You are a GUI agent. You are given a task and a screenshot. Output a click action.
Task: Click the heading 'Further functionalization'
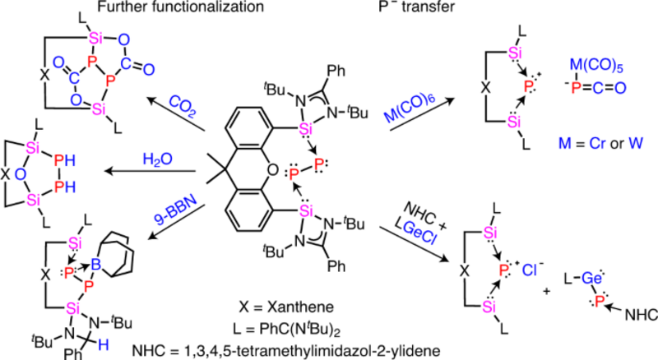click(x=181, y=7)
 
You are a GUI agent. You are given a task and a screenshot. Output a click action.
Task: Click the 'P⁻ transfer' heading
click(x=417, y=7)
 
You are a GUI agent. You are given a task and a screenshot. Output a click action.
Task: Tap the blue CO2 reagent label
click(x=183, y=106)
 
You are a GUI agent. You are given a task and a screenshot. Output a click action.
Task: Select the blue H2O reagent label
click(x=157, y=159)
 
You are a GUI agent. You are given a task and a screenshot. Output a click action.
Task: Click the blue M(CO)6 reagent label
click(x=410, y=108)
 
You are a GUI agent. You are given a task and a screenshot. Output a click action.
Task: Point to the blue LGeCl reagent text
click(x=415, y=236)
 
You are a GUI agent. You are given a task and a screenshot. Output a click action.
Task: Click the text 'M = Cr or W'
click(x=600, y=144)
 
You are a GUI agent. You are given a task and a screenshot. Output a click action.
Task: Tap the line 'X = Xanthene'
click(x=286, y=307)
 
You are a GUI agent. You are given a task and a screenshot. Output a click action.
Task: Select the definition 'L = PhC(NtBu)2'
click(x=286, y=329)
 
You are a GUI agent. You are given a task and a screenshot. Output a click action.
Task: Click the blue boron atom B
click(x=96, y=265)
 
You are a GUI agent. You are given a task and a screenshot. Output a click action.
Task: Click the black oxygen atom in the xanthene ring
click(x=272, y=170)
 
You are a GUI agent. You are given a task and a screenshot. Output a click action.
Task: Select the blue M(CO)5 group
click(x=596, y=67)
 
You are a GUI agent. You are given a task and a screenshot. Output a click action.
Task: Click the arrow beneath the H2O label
click(x=151, y=171)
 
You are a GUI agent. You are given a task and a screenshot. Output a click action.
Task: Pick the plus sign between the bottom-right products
click(x=546, y=291)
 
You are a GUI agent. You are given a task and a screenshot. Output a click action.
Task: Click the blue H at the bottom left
click(x=104, y=345)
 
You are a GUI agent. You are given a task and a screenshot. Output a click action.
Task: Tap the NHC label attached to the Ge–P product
click(x=642, y=315)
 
